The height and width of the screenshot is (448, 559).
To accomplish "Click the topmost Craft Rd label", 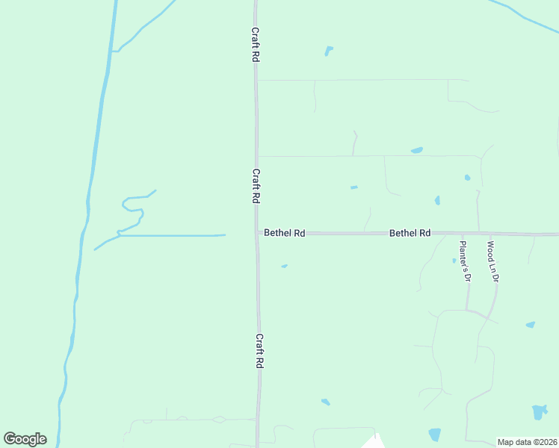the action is pyautogui.click(x=255, y=45).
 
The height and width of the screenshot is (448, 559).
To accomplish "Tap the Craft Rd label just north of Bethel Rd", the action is pyautogui.click(x=256, y=186).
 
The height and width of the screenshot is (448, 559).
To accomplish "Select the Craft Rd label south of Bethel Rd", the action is pyautogui.click(x=260, y=350).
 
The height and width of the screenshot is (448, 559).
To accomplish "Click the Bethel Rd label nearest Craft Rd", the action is pyautogui.click(x=284, y=233).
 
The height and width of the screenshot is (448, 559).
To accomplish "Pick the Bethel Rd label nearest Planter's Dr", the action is pyautogui.click(x=410, y=233).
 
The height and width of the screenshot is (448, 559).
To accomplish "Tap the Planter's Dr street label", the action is pyautogui.click(x=464, y=261).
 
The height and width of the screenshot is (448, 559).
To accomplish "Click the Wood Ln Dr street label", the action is pyautogui.click(x=492, y=261).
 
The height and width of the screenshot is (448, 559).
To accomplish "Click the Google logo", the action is pyautogui.click(x=25, y=439).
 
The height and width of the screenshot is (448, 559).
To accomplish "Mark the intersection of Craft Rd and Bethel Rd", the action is pyautogui.click(x=257, y=233).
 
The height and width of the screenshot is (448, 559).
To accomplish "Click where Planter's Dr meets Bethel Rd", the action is pyautogui.click(x=479, y=234).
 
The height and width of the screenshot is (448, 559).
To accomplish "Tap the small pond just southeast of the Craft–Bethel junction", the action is pyautogui.click(x=284, y=266).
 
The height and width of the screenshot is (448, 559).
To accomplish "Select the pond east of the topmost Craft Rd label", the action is pyautogui.click(x=328, y=51).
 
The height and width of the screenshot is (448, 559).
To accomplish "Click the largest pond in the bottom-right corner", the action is pyautogui.click(x=539, y=412).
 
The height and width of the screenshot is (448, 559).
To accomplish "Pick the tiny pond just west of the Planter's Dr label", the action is pyautogui.click(x=454, y=261).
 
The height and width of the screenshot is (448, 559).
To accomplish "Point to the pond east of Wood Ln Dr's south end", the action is pyautogui.click(x=530, y=325).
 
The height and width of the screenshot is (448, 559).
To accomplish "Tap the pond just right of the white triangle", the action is pyautogui.click(x=434, y=435).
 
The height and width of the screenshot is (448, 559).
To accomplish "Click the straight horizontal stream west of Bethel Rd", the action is pyautogui.click(x=172, y=235).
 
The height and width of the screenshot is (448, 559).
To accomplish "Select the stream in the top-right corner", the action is pyautogui.click(x=523, y=15).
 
